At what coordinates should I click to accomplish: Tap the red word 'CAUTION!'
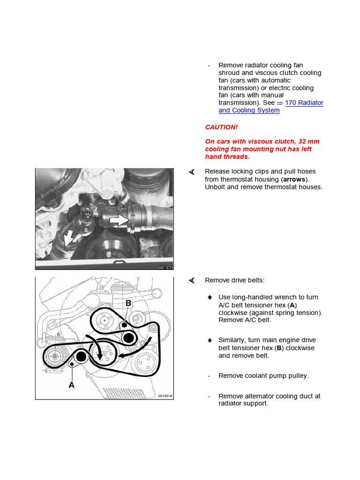click(221, 127)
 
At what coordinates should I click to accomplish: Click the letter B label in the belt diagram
click(128, 304)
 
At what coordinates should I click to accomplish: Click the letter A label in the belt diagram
click(72, 384)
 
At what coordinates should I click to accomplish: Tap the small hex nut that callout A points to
click(72, 364)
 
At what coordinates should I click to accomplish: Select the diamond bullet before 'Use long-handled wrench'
click(210, 297)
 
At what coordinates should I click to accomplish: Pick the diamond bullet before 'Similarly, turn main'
click(210, 340)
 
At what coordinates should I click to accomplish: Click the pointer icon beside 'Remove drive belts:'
click(191, 280)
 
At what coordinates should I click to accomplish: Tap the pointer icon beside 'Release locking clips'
click(191, 172)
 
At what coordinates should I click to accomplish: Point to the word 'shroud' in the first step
click(229, 73)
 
